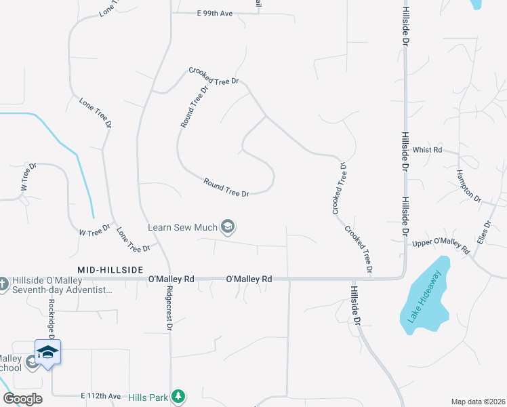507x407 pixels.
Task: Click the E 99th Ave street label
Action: coord(214,14)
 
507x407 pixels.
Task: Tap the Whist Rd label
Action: coord(427,150)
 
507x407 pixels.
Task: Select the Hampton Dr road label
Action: coord(468,187)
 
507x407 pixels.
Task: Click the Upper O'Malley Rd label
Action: coord(441,246)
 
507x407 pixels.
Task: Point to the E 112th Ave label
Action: coord(100,395)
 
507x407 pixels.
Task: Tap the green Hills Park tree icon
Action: coord(178,395)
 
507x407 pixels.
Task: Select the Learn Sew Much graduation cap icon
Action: coord(228,227)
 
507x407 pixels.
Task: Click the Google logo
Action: coord(22,398)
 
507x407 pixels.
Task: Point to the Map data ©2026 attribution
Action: coord(477,402)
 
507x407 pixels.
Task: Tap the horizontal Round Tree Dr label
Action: coord(226,188)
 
